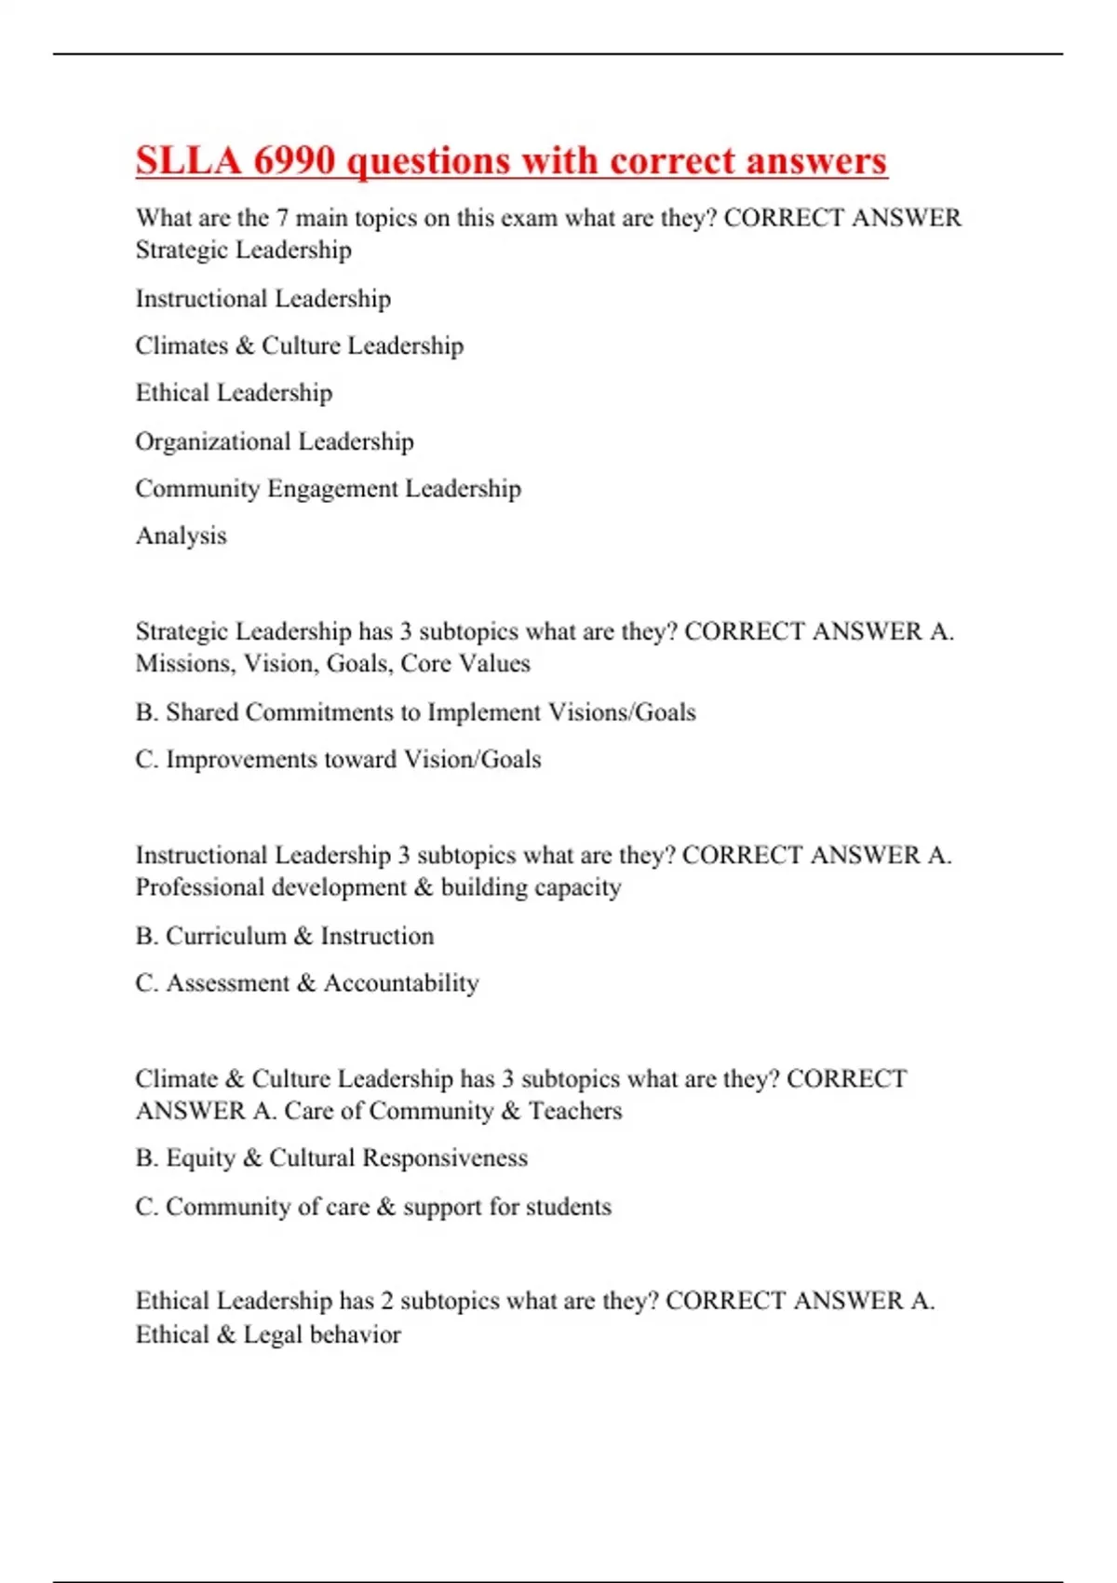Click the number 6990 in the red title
pyautogui.click(x=294, y=161)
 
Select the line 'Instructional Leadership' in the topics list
pyautogui.click(x=263, y=299)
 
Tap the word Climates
pyautogui.click(x=182, y=345)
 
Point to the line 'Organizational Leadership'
pyautogui.click(x=275, y=441)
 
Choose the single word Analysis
pyautogui.click(x=182, y=535)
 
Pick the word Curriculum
pyautogui.click(x=226, y=936)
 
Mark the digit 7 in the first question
pyautogui.click(x=281, y=219)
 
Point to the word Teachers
pyautogui.click(x=575, y=1111)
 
